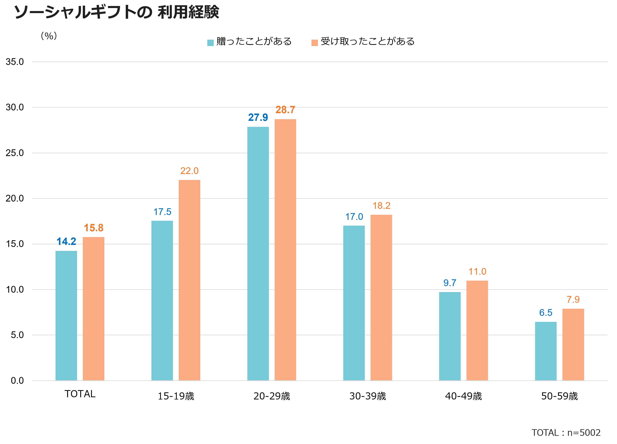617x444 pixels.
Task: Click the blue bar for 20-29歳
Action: (258, 254)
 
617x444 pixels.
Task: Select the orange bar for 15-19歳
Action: (189, 280)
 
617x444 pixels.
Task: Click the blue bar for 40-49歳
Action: (450, 336)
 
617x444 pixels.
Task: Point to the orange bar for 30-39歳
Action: (381, 297)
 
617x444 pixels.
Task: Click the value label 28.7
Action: (285, 110)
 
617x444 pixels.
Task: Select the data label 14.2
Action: (66, 242)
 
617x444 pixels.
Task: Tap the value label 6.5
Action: (546, 312)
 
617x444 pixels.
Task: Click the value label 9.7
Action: (450, 283)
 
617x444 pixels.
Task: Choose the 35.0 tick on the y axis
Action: (15, 62)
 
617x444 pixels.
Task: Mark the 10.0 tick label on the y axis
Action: (15, 289)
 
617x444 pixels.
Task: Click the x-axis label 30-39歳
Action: (368, 396)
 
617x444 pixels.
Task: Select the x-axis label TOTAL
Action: (80, 394)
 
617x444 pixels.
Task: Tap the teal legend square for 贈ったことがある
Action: (210, 43)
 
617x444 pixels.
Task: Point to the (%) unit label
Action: (49, 36)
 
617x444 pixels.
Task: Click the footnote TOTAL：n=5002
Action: (566, 433)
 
